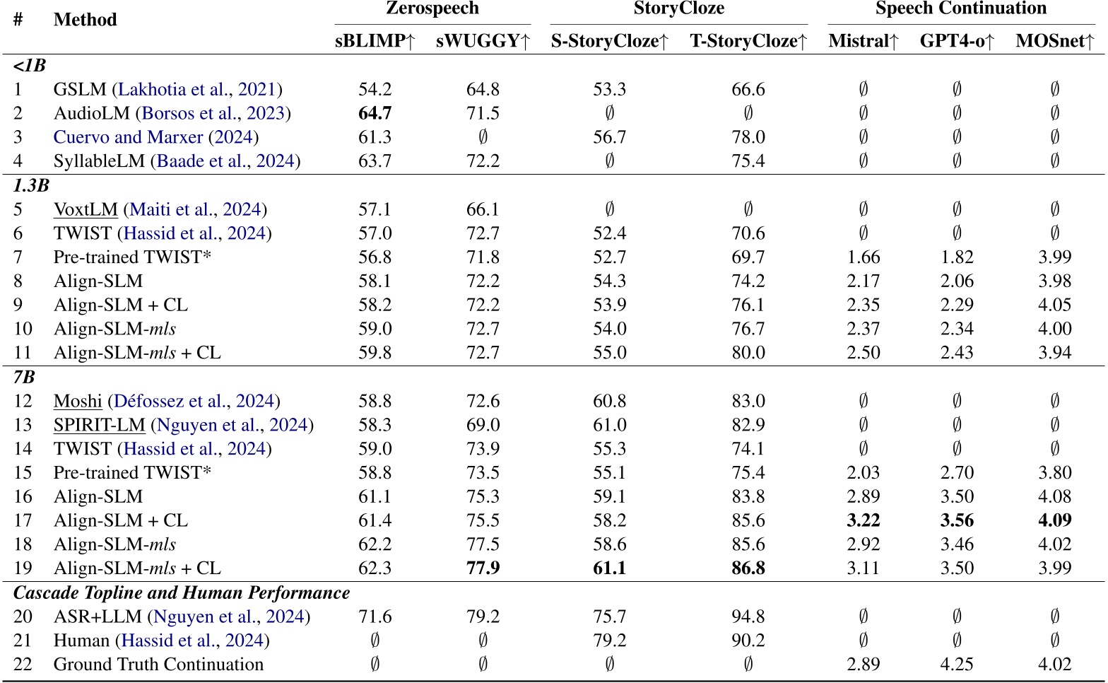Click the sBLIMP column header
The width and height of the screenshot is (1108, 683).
[375, 41]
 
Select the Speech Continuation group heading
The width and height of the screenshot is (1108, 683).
[960, 8]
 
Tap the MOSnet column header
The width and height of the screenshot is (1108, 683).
[1054, 41]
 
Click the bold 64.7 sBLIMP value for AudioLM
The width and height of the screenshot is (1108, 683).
[375, 113]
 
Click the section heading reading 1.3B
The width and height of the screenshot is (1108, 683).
[32, 186]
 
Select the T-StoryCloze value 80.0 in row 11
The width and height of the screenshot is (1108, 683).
[748, 352]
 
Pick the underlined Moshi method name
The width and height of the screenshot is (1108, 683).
[78, 402]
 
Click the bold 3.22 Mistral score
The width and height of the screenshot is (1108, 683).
[863, 520]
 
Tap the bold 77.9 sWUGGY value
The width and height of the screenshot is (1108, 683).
[483, 568]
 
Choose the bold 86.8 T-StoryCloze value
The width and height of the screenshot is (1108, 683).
[748, 568]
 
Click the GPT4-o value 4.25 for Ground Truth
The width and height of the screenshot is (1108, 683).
[956, 665]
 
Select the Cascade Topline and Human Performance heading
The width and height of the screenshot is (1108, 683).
[182, 592]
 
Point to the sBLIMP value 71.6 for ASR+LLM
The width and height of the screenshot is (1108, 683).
[375, 617]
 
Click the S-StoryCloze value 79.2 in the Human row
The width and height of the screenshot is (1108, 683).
[609, 641]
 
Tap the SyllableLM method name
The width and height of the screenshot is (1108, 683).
[100, 161]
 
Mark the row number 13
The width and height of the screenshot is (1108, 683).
[23, 425]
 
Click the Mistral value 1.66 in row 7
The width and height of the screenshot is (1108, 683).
[863, 257]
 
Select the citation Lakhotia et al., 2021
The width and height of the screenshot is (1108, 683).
[197, 90]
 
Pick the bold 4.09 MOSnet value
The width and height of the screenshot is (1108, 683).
[1054, 520]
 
